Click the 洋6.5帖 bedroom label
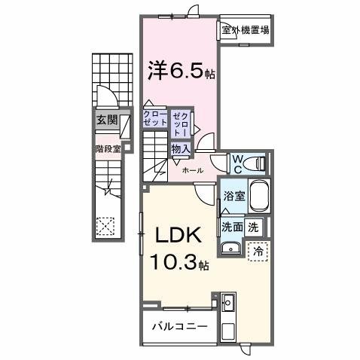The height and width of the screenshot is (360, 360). (182, 70)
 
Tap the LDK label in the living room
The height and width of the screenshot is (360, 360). (178, 235)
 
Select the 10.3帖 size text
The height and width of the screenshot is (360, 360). (179, 261)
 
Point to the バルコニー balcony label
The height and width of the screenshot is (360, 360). (180, 327)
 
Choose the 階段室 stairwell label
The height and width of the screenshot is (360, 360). (108, 149)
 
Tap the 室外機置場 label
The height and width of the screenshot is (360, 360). (246, 30)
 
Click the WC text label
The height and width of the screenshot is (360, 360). (237, 164)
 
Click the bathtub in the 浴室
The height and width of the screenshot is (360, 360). (259, 196)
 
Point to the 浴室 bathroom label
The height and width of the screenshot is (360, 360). (234, 196)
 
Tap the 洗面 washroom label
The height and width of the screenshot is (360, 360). (233, 227)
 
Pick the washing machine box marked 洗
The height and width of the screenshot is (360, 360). (254, 227)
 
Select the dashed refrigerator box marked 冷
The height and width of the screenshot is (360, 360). (258, 252)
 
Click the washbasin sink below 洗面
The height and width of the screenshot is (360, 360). (230, 249)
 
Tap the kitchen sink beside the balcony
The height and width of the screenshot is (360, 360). (228, 302)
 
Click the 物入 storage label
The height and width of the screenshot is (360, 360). (180, 149)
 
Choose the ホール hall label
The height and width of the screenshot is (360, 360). (193, 171)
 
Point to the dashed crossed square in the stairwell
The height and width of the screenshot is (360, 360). (105, 226)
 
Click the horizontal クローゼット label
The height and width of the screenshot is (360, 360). (155, 118)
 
